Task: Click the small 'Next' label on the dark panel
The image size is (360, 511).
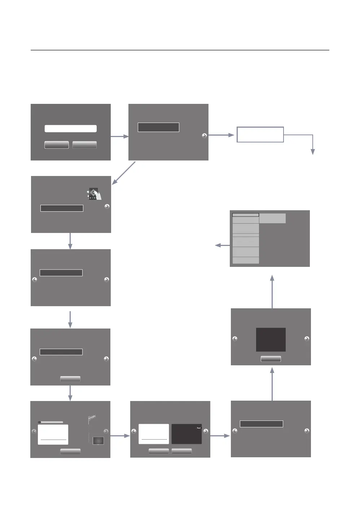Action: click(x=199, y=428)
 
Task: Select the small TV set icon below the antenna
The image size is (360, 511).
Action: click(x=98, y=441)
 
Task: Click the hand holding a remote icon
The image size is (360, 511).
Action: click(x=95, y=194)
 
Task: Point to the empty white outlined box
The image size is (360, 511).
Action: click(x=260, y=135)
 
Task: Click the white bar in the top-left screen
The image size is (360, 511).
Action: click(x=71, y=129)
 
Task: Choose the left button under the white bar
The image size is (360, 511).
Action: click(x=57, y=145)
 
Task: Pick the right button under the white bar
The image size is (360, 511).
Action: click(x=84, y=145)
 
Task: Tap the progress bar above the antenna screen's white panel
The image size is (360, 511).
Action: click(x=51, y=422)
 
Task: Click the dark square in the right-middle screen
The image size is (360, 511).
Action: click(x=271, y=339)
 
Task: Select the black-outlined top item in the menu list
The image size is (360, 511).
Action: click(x=246, y=215)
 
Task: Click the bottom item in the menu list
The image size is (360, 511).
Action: click(x=246, y=260)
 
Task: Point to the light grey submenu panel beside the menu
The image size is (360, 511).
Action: click(x=273, y=218)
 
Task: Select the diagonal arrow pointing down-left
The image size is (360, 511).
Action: click(x=124, y=173)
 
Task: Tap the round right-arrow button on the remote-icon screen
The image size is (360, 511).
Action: click(x=107, y=207)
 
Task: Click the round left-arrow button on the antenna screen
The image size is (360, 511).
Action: click(x=34, y=431)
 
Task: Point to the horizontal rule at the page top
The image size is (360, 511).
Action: click(x=180, y=50)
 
